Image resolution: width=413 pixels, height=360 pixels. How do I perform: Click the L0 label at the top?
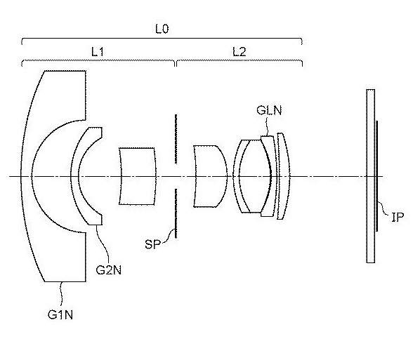(162, 29)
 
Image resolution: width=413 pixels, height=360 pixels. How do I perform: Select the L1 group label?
(97, 52)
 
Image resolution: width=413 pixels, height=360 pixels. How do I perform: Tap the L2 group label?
(239, 52)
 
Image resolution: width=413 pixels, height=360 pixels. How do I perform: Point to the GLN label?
(269, 110)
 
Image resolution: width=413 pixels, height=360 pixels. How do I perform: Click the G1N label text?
(60, 314)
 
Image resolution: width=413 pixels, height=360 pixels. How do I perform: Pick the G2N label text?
(108, 270)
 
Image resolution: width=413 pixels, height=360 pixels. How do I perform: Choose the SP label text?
(153, 244)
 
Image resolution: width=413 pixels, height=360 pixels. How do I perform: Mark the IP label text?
(398, 217)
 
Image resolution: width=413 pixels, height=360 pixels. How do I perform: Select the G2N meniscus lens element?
(75, 176)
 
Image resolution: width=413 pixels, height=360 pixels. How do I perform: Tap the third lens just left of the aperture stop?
(138, 176)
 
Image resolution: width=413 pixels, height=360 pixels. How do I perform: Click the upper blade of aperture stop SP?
(176, 139)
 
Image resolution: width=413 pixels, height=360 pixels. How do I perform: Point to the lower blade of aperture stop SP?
(176, 213)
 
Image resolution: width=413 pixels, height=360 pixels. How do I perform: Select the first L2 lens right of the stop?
(210, 176)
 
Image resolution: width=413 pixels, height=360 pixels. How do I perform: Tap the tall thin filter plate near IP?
(371, 176)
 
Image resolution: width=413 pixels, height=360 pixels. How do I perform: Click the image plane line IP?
(377, 176)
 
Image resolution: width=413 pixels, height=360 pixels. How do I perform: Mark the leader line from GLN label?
(268, 126)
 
